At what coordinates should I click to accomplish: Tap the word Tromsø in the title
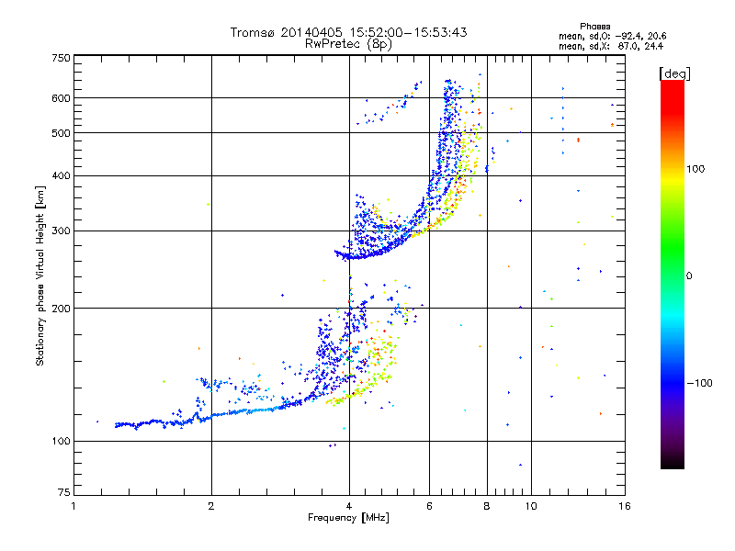pyautogui.click(x=253, y=32)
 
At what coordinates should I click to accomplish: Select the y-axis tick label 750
pyautogui.click(x=61, y=58)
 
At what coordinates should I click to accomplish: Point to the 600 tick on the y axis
pyautogui.click(x=61, y=97)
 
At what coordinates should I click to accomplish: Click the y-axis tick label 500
pyautogui.click(x=61, y=132)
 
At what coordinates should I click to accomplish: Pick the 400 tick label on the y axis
pyautogui.click(x=61, y=175)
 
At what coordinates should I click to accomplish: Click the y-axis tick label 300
pyautogui.click(x=61, y=231)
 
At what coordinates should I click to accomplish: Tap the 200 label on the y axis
pyautogui.click(x=61, y=308)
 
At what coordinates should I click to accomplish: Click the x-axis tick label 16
pyautogui.click(x=624, y=506)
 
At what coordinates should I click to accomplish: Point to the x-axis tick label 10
pyautogui.click(x=530, y=506)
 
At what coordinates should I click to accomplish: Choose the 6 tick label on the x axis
pyautogui.click(x=429, y=506)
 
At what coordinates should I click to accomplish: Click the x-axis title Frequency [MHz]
pyautogui.click(x=348, y=518)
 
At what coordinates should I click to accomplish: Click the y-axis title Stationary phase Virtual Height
pyautogui.click(x=40, y=275)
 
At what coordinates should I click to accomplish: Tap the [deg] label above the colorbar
pyautogui.click(x=673, y=73)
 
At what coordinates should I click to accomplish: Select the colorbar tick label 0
pyautogui.click(x=689, y=275)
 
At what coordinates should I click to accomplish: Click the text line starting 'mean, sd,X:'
pyautogui.click(x=611, y=45)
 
